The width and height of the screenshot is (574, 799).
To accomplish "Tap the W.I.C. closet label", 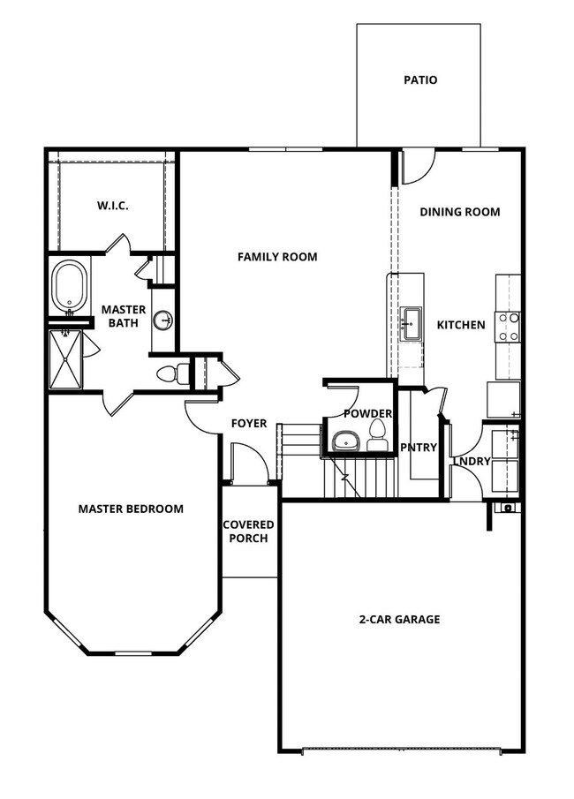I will coord(112,206).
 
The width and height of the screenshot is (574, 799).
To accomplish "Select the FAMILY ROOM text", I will coord(276,257).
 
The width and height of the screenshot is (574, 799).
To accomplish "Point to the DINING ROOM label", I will coord(459,212).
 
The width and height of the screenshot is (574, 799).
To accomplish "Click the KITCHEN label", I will coord(461,325).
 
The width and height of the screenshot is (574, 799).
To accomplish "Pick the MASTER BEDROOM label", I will coord(131,509).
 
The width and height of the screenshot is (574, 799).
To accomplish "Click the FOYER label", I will coord(249,424).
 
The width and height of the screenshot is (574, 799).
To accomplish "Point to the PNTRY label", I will coord(419,448).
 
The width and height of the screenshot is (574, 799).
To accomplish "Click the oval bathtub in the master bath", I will coord(70,286).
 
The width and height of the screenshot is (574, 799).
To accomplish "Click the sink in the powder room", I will coord(343,441).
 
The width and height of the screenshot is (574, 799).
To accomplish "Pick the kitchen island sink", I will coord(412,324).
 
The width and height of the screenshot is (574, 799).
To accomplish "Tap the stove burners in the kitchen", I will coord(509,327).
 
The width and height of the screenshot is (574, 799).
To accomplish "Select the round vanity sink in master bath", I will coord(162,320).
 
